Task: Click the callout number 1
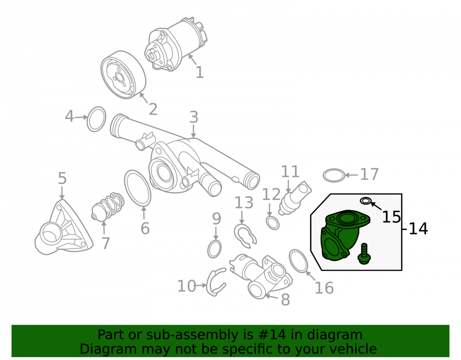coord(200,72)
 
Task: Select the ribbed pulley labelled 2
coord(123,75)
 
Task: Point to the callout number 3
coord(194,117)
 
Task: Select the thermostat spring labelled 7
coord(107,207)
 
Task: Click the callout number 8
coord(285,300)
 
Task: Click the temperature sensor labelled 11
coord(295,198)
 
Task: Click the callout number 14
coord(418,229)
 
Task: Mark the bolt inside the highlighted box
coord(364,254)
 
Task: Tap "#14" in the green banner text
coord(272,335)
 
